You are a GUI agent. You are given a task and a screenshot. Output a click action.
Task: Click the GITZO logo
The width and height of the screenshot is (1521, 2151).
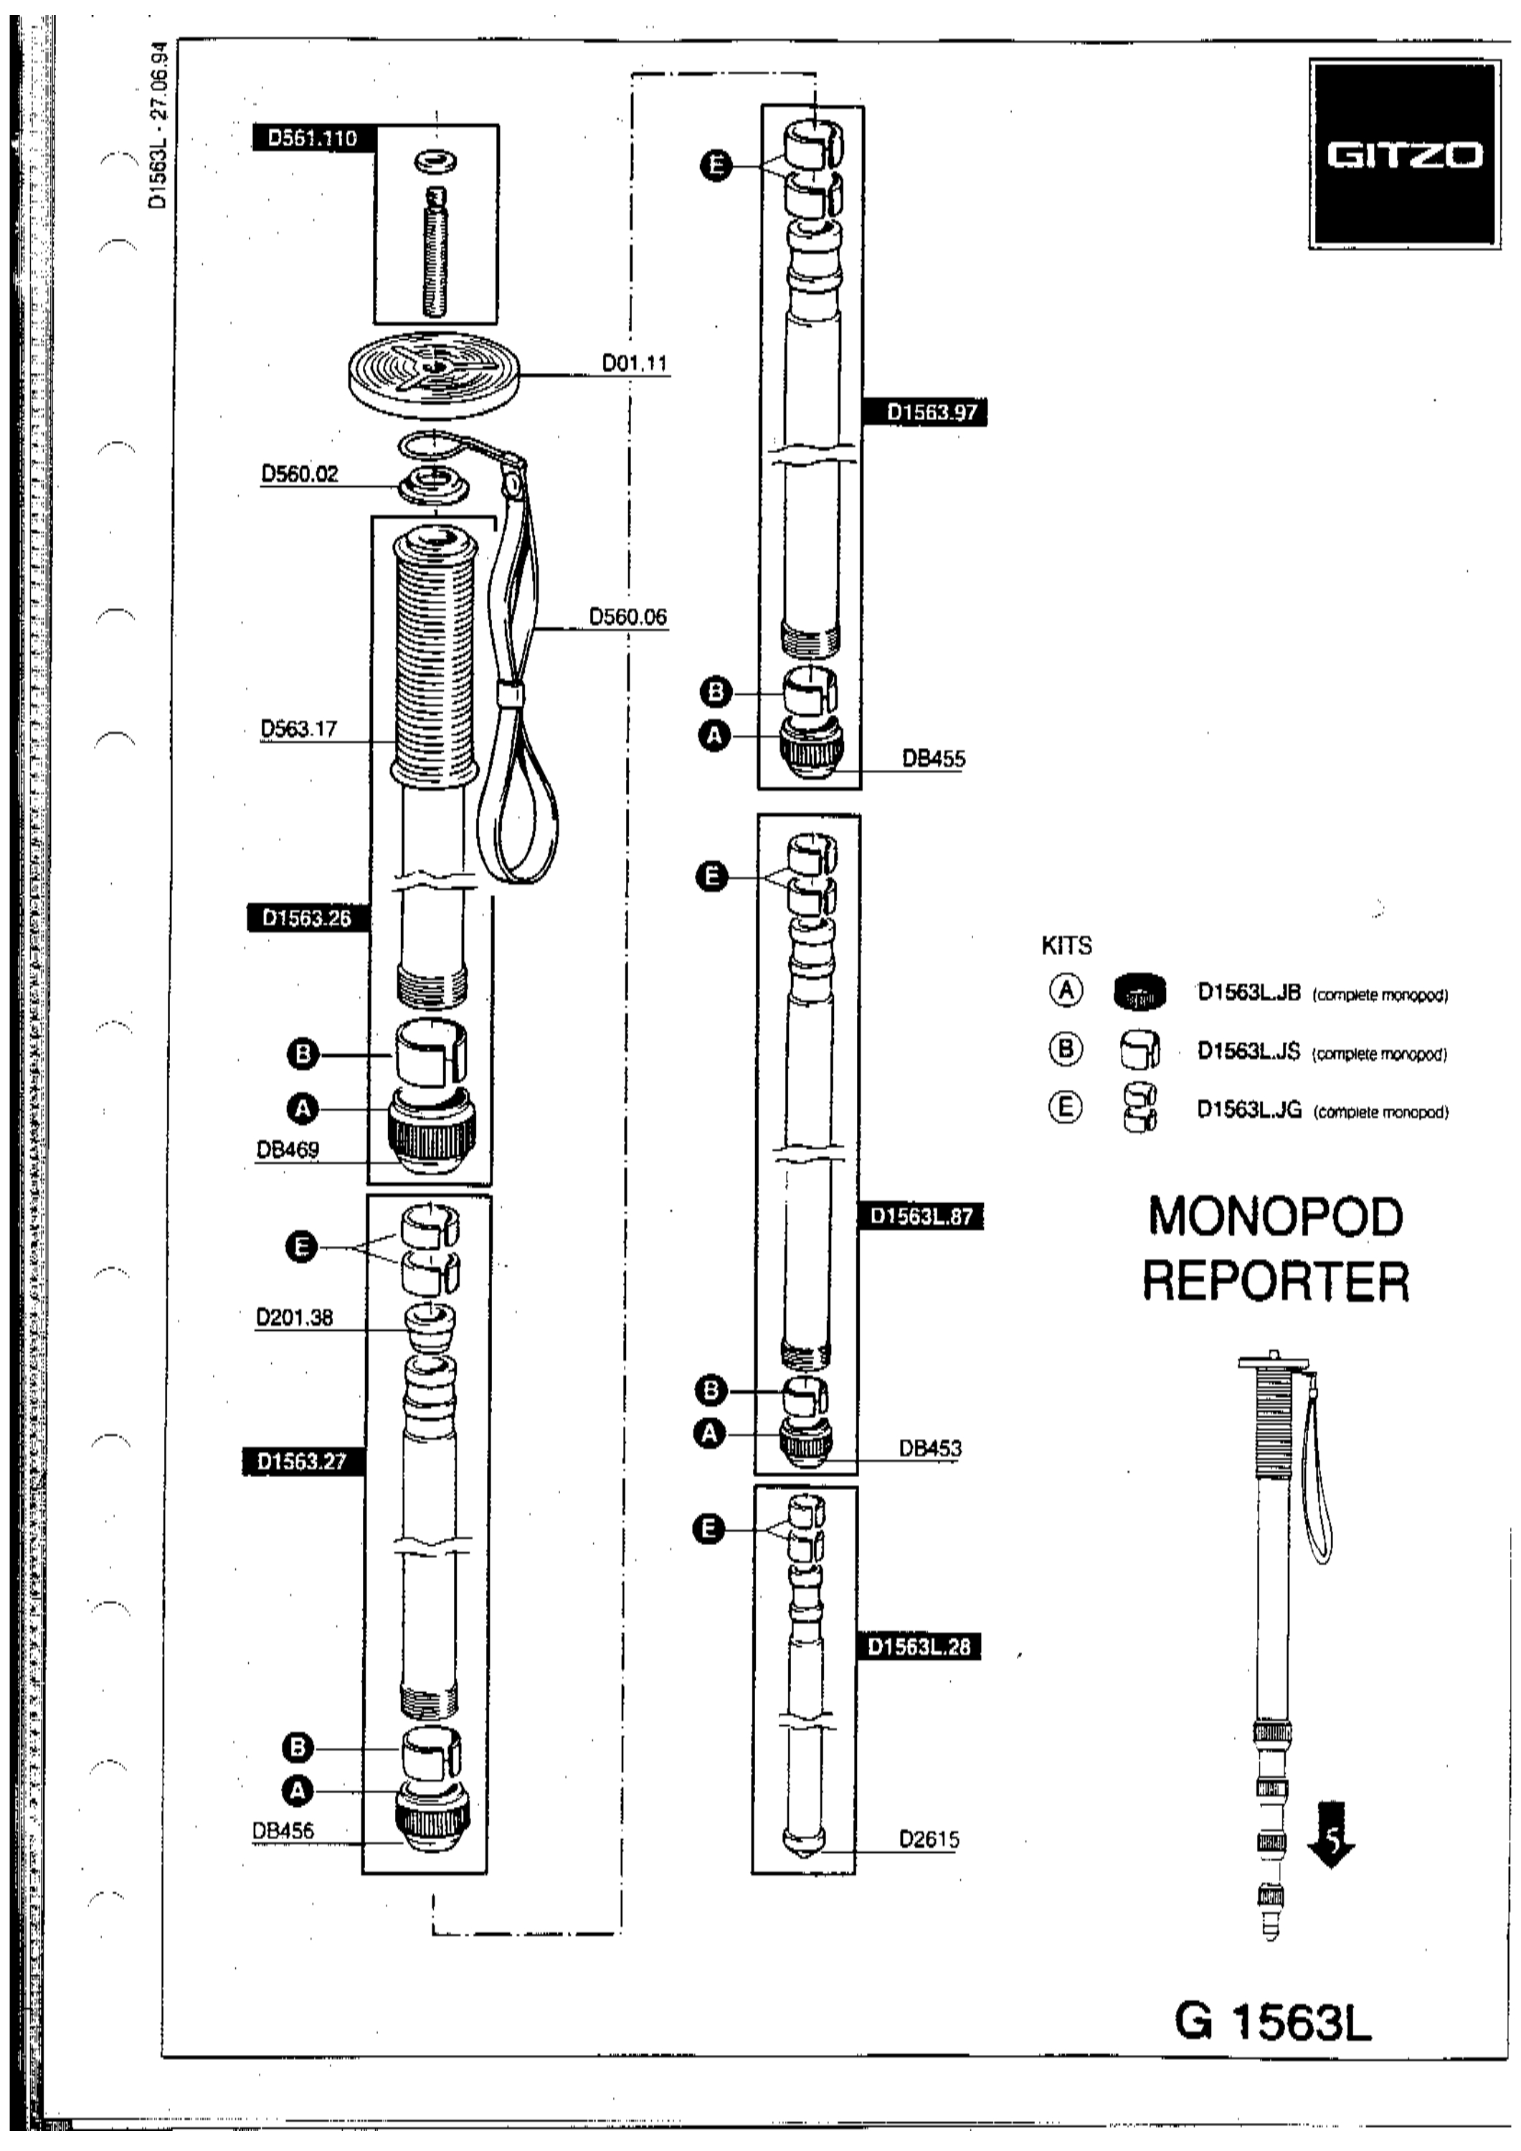pyautogui.click(x=1405, y=156)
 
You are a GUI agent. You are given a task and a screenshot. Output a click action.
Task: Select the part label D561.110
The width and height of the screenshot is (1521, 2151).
pyautogui.click(x=313, y=138)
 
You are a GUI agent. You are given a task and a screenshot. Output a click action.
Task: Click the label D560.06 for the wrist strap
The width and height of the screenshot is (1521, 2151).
pyautogui.click(x=628, y=617)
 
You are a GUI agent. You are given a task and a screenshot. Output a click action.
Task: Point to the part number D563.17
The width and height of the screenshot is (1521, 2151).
pyautogui.click(x=299, y=728)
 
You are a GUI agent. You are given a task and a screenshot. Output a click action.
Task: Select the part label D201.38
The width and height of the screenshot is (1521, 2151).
pyautogui.click(x=295, y=1317)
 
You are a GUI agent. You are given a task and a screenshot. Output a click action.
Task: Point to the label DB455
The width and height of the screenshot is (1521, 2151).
pyautogui.click(x=934, y=758)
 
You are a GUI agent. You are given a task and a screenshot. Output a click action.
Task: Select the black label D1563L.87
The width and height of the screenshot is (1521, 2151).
pyautogui.click(x=922, y=1216)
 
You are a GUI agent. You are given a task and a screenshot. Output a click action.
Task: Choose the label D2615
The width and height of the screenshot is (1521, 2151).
pyautogui.click(x=929, y=1839)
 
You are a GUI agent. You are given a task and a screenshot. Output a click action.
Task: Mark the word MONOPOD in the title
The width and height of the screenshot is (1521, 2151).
pyautogui.click(x=1276, y=1217)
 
